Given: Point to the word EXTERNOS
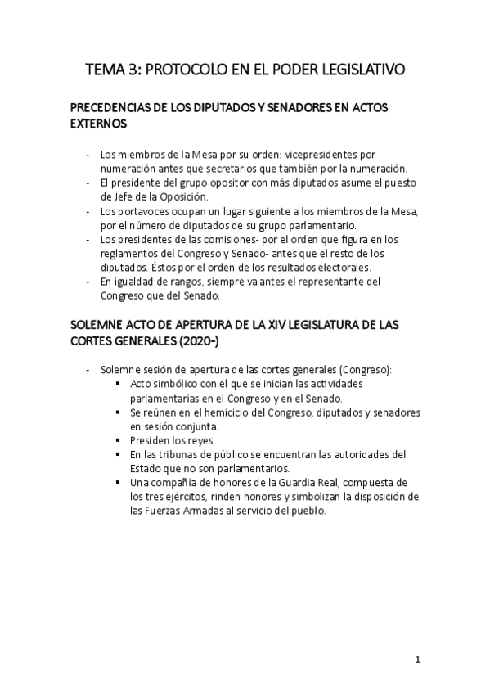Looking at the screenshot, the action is [99, 125].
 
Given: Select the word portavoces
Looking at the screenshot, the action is [140, 212].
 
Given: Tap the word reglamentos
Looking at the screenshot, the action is [132, 254].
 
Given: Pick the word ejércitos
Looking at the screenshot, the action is [177, 496].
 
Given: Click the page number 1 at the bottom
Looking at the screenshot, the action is [417, 660].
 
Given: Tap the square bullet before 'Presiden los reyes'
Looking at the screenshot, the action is [119, 439].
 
